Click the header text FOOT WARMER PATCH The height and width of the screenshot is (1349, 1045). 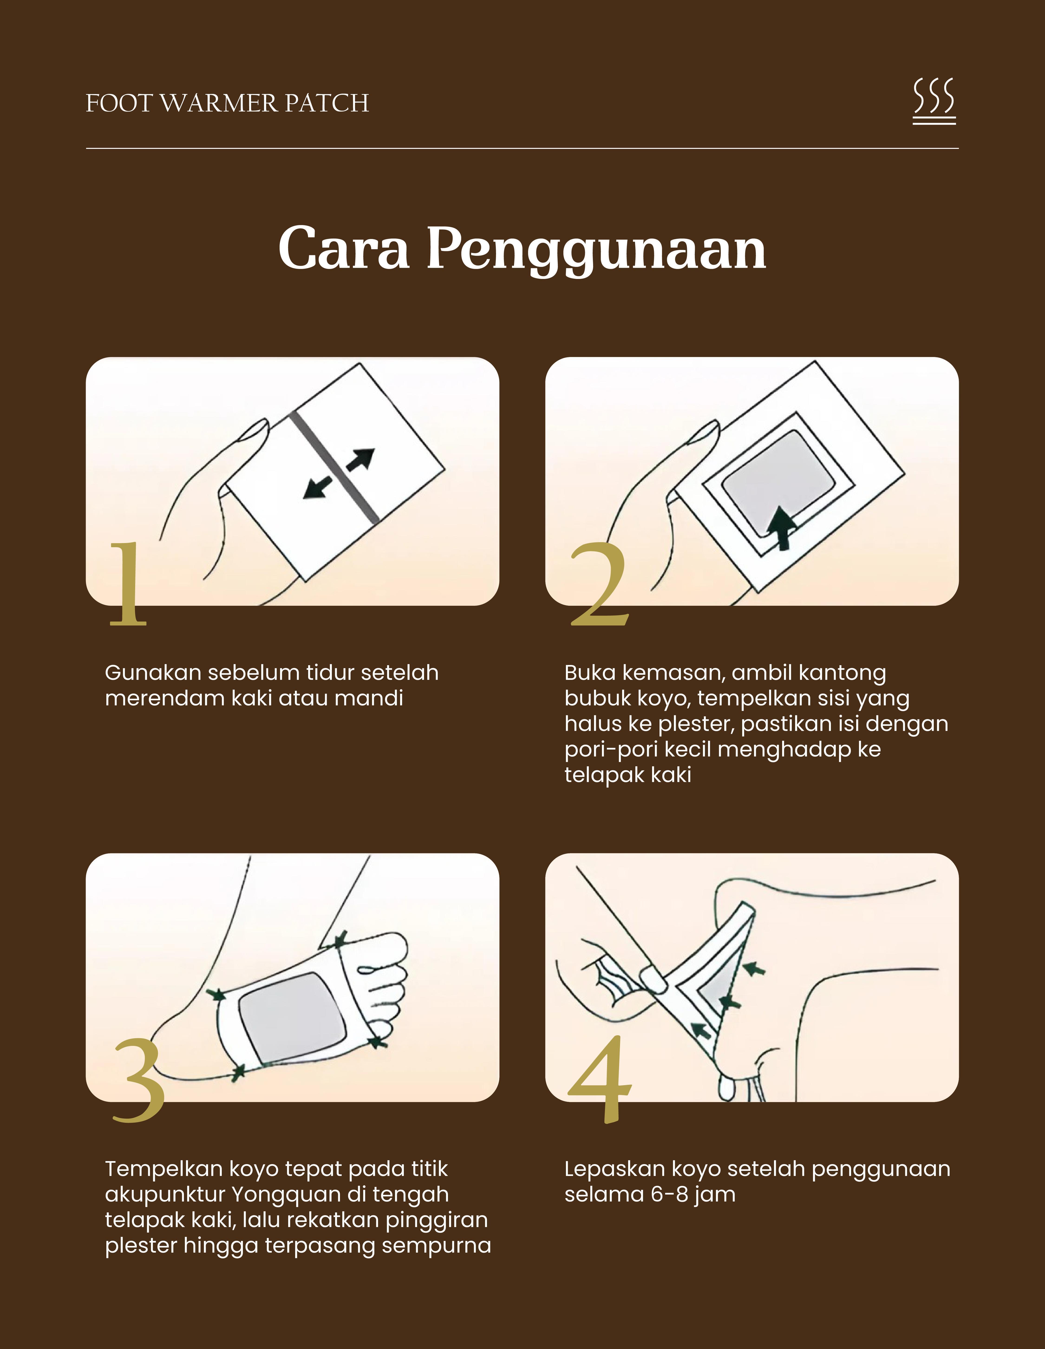coord(227,103)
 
